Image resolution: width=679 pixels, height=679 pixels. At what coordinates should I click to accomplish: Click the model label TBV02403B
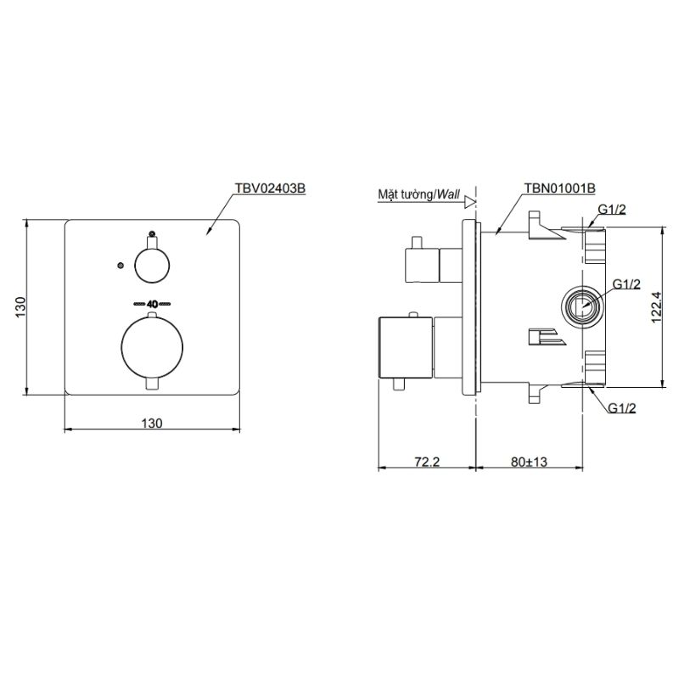point(270,188)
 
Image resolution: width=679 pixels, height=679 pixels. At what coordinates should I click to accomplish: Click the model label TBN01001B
point(560,188)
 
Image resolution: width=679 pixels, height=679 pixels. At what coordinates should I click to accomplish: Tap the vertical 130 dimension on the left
point(20,307)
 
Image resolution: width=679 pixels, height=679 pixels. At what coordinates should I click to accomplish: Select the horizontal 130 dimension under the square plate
point(152,423)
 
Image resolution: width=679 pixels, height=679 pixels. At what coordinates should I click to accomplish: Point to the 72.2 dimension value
point(427,462)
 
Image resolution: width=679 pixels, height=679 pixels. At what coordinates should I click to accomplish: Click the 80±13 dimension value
point(529,462)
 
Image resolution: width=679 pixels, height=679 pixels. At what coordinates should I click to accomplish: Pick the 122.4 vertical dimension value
point(656,307)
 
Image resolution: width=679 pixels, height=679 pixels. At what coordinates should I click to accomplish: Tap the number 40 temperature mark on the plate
point(152,304)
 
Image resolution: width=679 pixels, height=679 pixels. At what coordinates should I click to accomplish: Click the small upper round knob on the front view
point(152,266)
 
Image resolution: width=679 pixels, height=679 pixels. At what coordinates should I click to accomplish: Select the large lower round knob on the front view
point(152,348)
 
